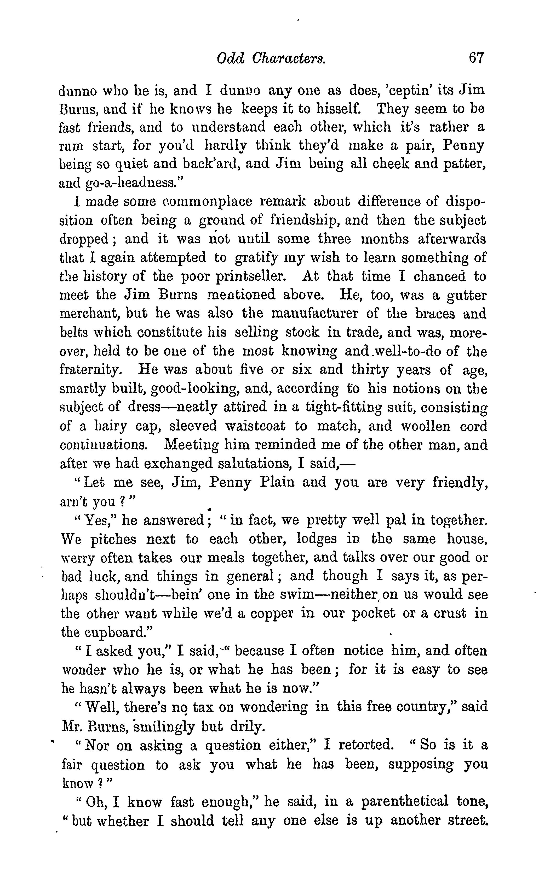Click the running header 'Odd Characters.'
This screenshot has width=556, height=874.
pyautogui.click(x=271, y=58)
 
